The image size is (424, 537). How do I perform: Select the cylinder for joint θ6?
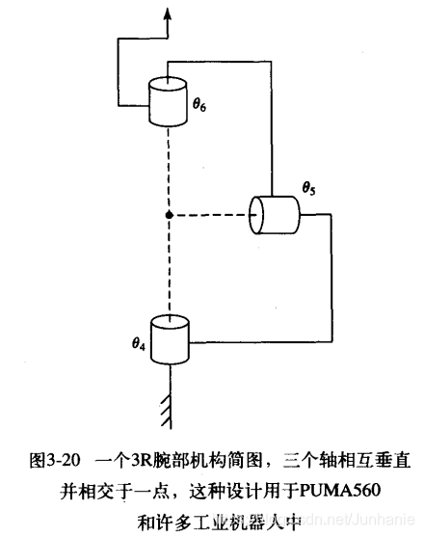click(169, 101)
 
